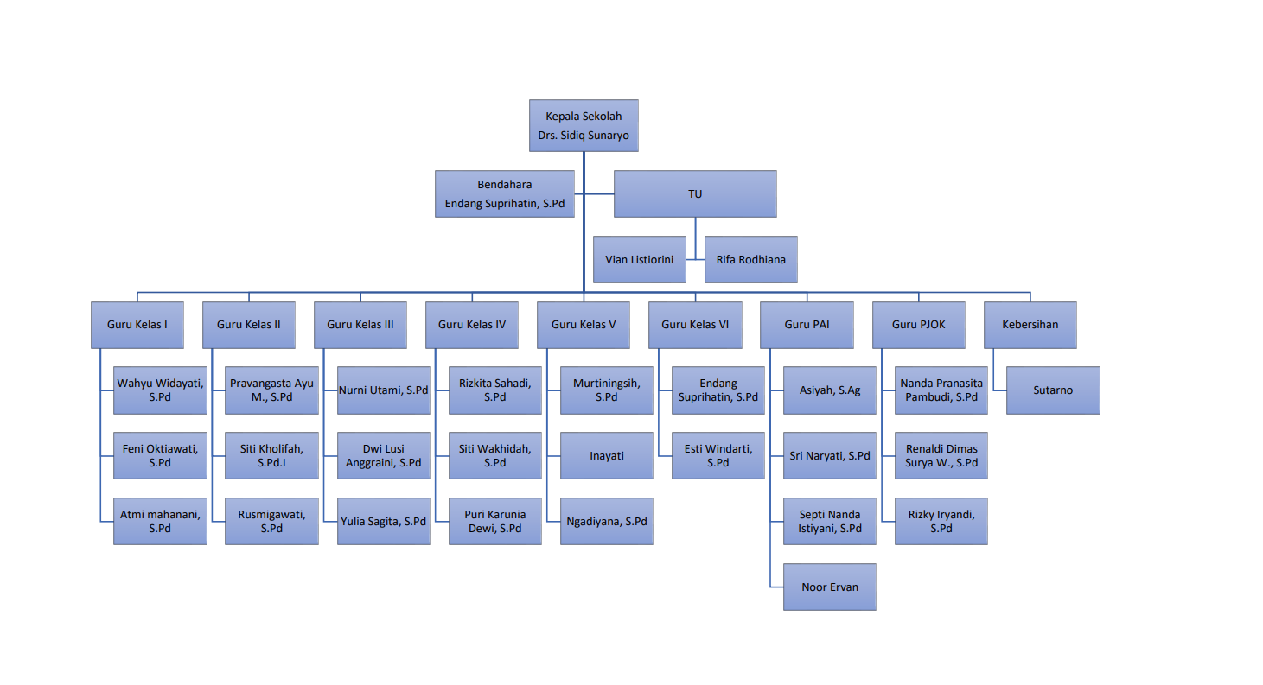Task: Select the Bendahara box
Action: [x=504, y=193]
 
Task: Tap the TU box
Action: [x=695, y=193]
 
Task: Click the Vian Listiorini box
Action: [x=640, y=259]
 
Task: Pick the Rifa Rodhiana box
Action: [x=750, y=259]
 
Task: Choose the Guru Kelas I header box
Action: [x=137, y=325]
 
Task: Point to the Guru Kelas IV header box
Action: [x=472, y=325]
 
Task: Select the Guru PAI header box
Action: [x=807, y=325]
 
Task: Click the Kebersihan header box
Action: [x=1030, y=325]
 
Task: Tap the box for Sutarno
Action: [x=1053, y=390]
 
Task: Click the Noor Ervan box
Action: [x=830, y=587]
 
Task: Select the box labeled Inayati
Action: [x=607, y=456]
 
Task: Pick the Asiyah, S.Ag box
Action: [x=830, y=390]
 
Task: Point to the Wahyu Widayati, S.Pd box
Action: [x=160, y=390]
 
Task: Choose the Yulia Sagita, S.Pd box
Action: [x=384, y=522]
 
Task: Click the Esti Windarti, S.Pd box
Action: [x=718, y=456]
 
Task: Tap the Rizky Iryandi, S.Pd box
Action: [x=941, y=522]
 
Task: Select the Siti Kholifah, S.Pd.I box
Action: [x=271, y=456]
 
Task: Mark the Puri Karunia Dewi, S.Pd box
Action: [x=494, y=522]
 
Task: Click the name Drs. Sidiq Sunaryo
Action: [x=584, y=136]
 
